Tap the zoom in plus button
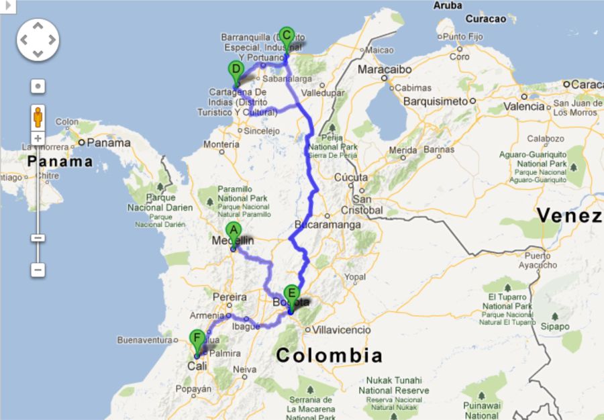(x=38, y=139)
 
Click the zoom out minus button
(x=38, y=270)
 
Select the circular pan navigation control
(x=38, y=40)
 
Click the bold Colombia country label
(x=329, y=356)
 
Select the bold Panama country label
(x=60, y=162)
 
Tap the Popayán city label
(x=193, y=388)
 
